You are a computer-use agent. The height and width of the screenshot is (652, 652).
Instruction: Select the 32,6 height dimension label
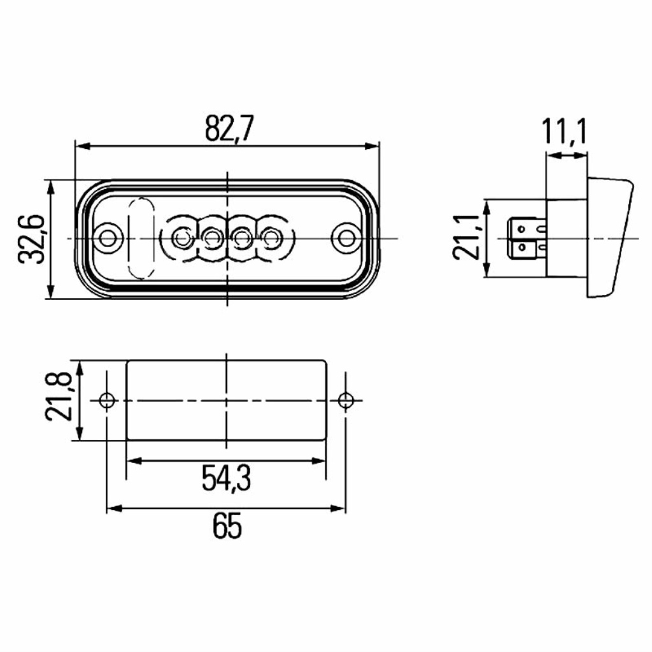click(32, 240)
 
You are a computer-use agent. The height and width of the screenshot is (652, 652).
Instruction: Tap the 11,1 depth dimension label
click(565, 132)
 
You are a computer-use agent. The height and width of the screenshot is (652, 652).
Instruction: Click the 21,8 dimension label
click(59, 397)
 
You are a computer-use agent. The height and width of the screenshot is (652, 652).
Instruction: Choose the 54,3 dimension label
click(226, 478)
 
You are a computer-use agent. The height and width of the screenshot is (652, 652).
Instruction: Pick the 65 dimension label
click(227, 525)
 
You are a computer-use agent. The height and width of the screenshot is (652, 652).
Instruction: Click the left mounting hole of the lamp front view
click(108, 238)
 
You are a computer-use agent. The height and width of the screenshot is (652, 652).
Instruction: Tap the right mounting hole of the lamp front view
click(346, 238)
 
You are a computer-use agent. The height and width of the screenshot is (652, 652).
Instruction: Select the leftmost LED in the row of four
click(181, 238)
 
